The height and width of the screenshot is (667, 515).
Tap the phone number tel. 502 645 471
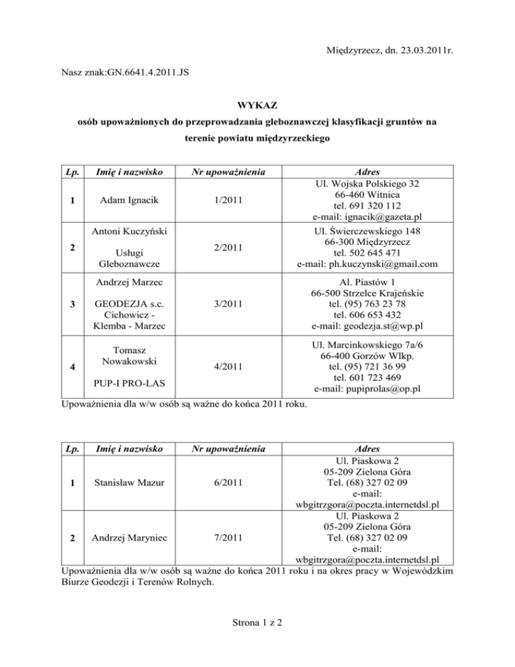click(x=366, y=252)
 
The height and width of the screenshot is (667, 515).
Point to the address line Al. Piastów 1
click(x=366, y=280)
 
